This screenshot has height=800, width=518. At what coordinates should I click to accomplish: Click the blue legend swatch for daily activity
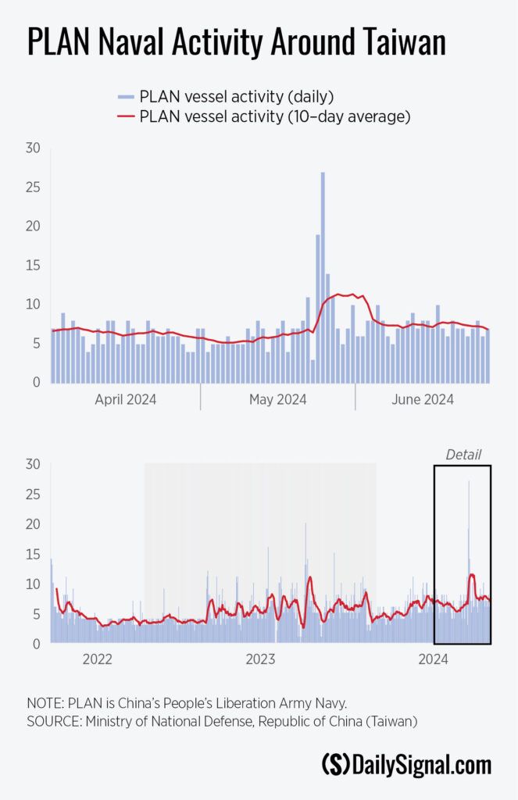click(x=127, y=97)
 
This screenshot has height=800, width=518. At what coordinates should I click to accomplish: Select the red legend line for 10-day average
click(x=127, y=117)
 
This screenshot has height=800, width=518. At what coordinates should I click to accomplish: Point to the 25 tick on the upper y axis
click(x=32, y=187)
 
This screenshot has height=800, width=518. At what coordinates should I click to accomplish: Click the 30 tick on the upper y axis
click(x=32, y=148)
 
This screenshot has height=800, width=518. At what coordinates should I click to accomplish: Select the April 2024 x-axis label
click(x=125, y=400)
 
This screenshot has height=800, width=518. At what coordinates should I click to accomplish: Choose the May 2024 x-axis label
click(x=277, y=400)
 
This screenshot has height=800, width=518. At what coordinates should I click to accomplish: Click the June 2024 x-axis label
click(x=423, y=400)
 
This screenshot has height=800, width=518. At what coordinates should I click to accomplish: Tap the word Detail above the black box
click(x=463, y=455)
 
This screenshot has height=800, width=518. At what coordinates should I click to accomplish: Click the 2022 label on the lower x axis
click(x=98, y=660)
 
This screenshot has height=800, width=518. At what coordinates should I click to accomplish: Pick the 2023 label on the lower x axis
click(x=260, y=660)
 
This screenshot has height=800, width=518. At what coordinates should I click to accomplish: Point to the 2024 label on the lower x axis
click(x=433, y=660)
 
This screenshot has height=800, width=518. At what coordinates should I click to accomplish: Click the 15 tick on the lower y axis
click(x=32, y=555)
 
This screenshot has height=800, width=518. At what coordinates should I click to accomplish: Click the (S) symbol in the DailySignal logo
click(x=336, y=764)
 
